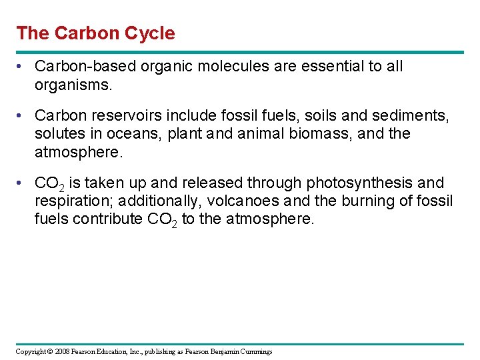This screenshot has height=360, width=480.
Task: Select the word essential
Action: point(329,67)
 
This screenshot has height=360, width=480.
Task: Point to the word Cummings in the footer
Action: point(255,351)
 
